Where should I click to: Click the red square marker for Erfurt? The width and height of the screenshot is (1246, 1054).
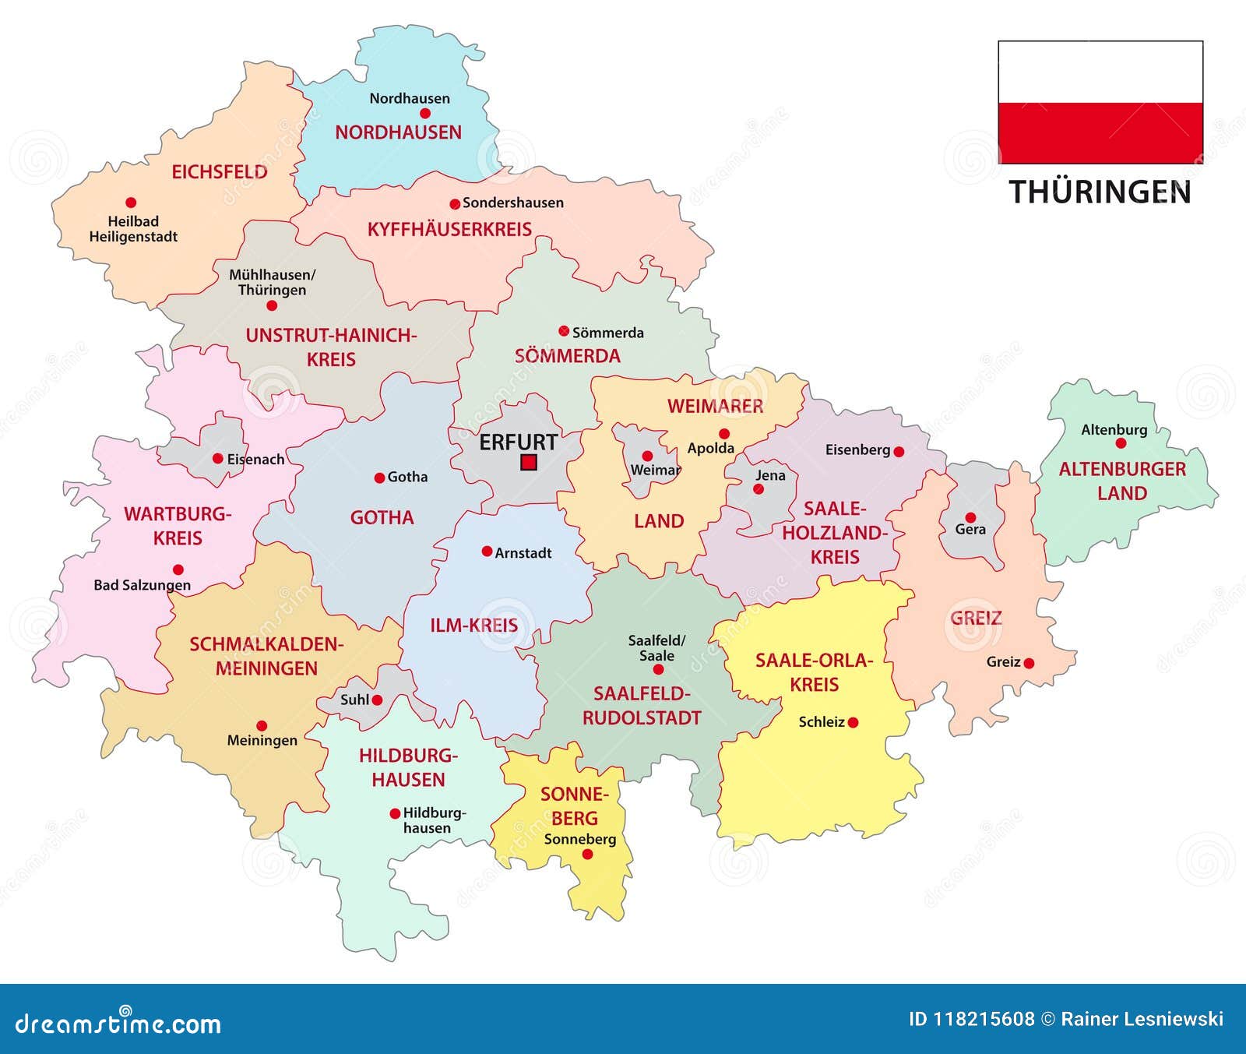click(x=529, y=463)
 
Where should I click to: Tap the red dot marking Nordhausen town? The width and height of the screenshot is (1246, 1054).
click(x=425, y=113)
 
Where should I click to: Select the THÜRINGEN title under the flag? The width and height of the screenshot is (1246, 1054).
click(x=1100, y=192)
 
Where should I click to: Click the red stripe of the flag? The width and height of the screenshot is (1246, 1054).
click(x=1100, y=132)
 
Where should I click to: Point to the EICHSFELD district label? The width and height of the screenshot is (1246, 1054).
click(x=219, y=172)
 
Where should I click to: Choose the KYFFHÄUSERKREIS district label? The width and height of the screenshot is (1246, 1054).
click(x=449, y=230)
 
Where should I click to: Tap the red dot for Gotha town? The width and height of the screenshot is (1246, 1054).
click(x=379, y=478)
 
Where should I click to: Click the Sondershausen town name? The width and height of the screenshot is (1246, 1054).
click(x=512, y=203)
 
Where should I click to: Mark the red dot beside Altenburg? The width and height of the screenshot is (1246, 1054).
click(x=1121, y=443)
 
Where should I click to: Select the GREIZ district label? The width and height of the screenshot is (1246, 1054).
click(x=976, y=619)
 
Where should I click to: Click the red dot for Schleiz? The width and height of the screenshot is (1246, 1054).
click(x=853, y=723)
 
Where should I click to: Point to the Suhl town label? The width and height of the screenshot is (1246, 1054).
click(x=354, y=700)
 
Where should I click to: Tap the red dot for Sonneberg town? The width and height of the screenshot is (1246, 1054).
click(x=588, y=855)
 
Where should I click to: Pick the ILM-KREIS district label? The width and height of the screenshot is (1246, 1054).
click(x=473, y=626)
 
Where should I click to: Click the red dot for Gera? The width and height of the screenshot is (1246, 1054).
click(x=970, y=517)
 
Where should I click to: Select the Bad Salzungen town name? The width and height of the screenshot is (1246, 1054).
click(x=142, y=585)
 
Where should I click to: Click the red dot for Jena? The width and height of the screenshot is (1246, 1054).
click(x=759, y=489)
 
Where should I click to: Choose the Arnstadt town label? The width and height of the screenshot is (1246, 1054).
click(x=523, y=553)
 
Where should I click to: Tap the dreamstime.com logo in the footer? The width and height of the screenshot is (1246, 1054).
click(x=118, y=1023)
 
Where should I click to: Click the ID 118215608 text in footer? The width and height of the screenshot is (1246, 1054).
click(x=971, y=1019)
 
